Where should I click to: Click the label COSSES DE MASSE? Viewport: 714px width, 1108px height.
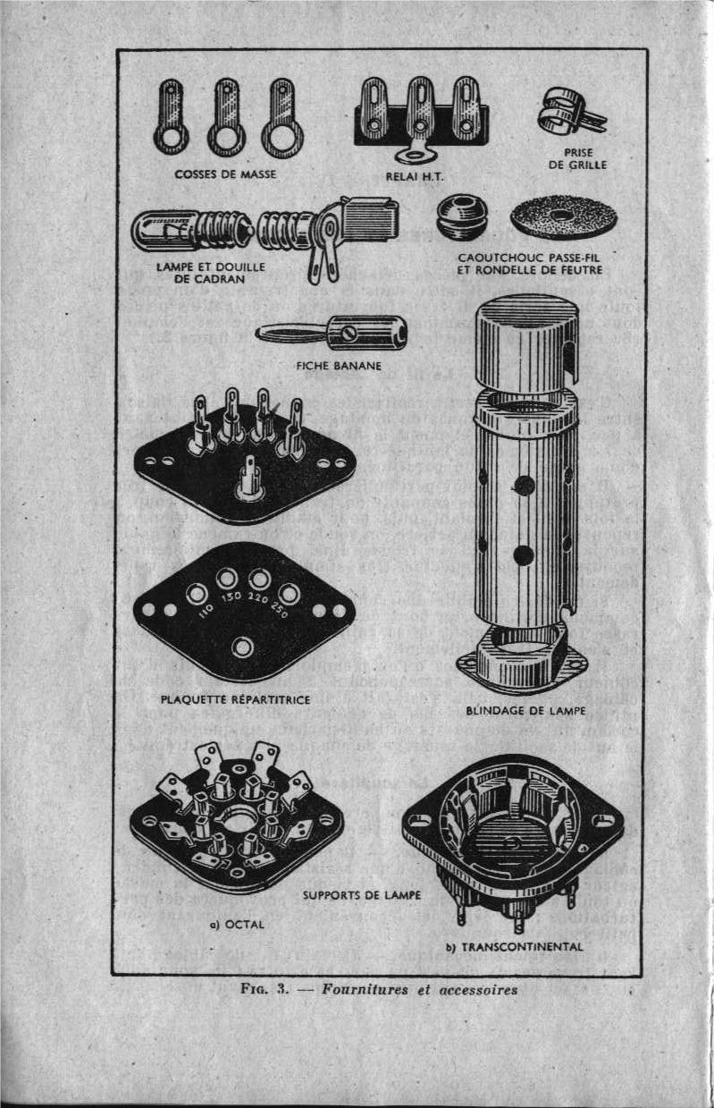[224, 173]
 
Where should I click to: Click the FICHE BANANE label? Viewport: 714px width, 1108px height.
[339, 365]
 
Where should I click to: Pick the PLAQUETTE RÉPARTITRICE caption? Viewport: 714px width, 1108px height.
[236, 698]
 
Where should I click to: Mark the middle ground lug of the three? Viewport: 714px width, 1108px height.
[223, 118]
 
